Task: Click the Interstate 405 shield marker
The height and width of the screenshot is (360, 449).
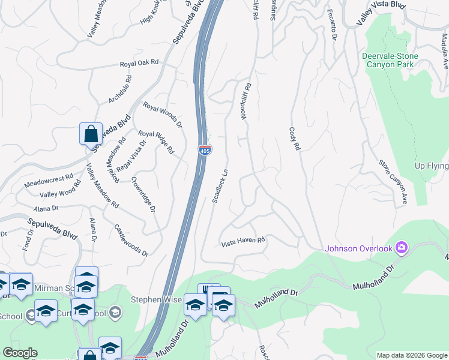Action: point(205,149)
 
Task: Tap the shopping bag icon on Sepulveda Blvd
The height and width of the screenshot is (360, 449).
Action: point(91,134)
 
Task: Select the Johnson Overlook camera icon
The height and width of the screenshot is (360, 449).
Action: point(402,247)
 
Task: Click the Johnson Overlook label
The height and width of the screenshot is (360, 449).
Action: point(358,248)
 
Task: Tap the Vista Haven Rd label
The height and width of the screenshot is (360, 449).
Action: point(243,242)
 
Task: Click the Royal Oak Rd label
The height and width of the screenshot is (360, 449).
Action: point(139,63)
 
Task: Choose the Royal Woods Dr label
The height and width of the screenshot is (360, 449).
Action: point(162,114)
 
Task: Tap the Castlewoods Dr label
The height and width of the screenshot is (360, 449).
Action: point(131,241)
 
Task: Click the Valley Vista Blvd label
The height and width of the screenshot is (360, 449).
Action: point(381,13)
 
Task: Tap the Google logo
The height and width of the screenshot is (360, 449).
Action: point(20,353)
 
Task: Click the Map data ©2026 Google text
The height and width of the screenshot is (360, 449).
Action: point(412,355)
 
